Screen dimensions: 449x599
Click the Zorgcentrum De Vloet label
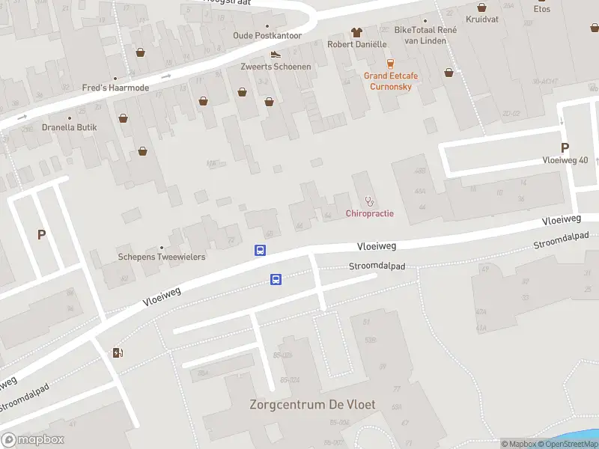coord(312,405)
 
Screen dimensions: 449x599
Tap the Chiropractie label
coord(370,214)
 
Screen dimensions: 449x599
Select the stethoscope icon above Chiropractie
coord(369,201)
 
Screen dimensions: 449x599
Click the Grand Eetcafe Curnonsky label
coord(391,81)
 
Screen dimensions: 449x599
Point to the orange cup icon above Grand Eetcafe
coord(389,63)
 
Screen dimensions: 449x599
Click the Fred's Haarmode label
coord(115,88)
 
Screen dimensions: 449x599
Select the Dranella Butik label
coord(70,127)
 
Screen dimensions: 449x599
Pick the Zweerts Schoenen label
coord(276,67)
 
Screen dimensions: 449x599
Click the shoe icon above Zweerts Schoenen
coord(276,54)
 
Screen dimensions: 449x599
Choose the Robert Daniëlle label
coord(356,44)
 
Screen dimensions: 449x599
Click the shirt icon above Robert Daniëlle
coord(356,32)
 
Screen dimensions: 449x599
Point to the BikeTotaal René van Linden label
coord(425,34)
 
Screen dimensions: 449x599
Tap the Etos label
coord(542,9)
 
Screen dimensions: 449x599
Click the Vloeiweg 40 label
coord(565,160)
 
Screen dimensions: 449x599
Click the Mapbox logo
coord(32,440)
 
